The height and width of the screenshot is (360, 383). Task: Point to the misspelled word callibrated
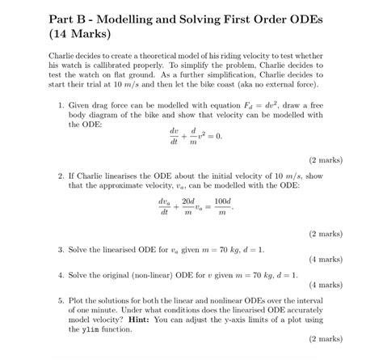136,65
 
